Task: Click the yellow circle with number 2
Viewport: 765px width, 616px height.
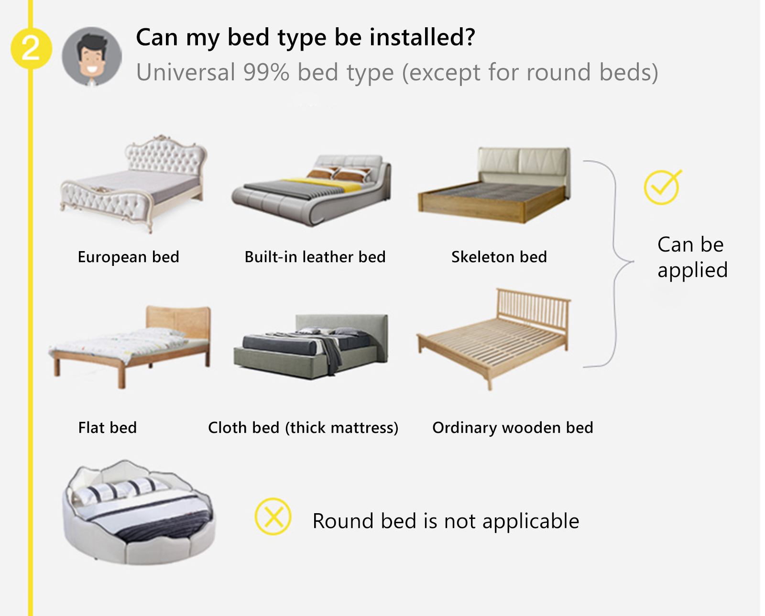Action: click(x=31, y=48)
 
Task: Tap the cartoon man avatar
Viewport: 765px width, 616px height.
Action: click(x=92, y=56)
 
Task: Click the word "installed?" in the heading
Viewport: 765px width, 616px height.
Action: click(x=422, y=37)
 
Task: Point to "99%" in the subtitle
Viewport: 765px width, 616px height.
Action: click(x=266, y=72)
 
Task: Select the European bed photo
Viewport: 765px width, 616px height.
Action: click(x=134, y=184)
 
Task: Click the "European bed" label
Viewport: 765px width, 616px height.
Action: click(x=128, y=257)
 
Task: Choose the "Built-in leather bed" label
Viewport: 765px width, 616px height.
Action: click(x=315, y=257)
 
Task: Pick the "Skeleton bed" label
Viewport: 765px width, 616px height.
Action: click(x=499, y=257)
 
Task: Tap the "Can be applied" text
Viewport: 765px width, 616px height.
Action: click(x=692, y=257)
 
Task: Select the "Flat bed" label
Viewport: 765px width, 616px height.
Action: click(x=108, y=428)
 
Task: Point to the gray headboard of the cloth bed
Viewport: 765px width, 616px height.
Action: click(x=341, y=324)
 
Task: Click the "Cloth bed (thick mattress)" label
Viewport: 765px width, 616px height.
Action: click(x=303, y=428)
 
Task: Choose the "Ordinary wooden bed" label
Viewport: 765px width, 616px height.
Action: click(x=513, y=428)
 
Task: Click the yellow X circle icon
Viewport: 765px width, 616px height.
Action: click(x=273, y=517)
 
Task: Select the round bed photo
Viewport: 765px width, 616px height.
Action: click(x=139, y=512)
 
